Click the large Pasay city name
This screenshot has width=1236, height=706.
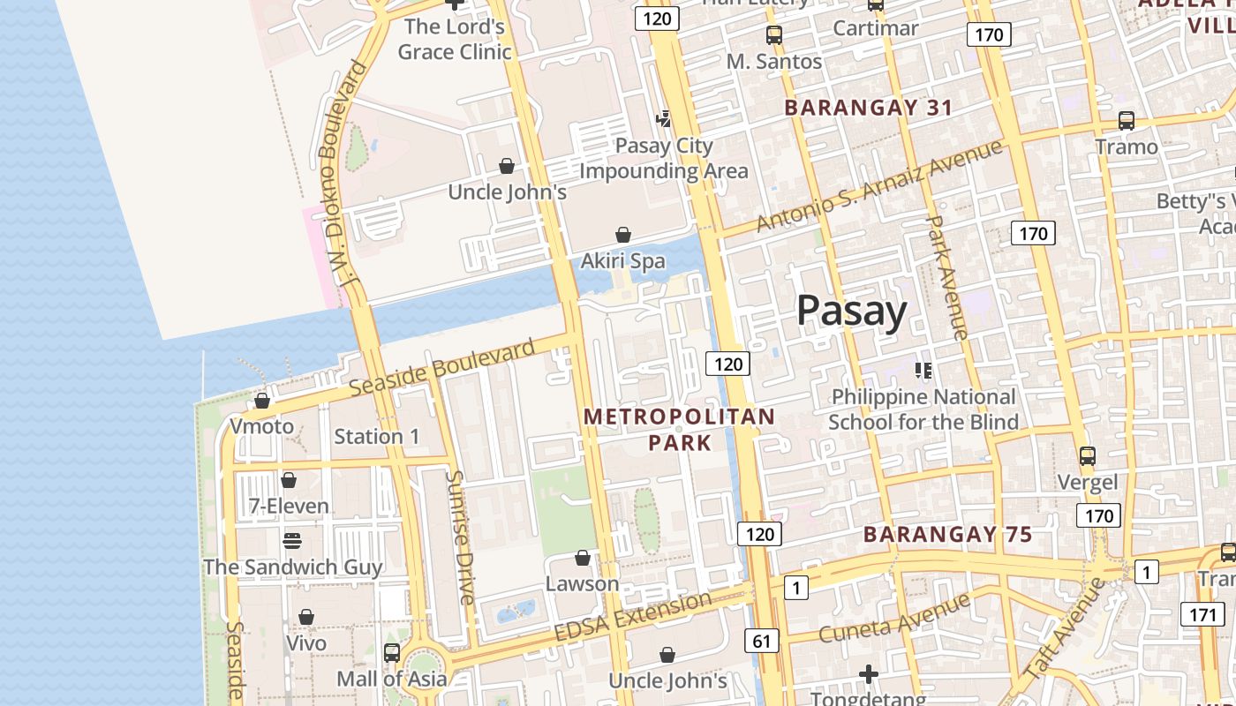[851, 311]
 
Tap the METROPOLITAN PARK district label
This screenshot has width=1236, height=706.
[680, 429]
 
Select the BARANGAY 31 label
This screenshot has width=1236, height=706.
[868, 108]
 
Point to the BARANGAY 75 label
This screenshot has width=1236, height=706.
[947, 534]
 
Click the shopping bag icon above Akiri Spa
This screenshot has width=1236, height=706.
[623, 235]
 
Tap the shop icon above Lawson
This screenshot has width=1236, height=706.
[582, 558]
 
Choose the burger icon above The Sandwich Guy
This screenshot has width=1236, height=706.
[291, 540]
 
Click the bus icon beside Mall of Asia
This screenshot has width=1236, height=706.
[391, 653]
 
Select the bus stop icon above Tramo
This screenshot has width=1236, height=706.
[1126, 121]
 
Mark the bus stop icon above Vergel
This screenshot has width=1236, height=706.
[1087, 456]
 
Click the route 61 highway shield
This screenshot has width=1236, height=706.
[760, 641]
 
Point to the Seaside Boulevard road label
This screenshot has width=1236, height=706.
[441, 367]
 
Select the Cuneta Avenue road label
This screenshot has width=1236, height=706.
[893, 619]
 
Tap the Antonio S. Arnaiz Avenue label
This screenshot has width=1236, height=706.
[879, 185]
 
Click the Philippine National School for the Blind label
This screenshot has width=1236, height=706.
[923, 409]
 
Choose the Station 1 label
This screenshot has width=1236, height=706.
[377, 436]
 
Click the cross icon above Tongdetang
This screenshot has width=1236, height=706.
[869, 675]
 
